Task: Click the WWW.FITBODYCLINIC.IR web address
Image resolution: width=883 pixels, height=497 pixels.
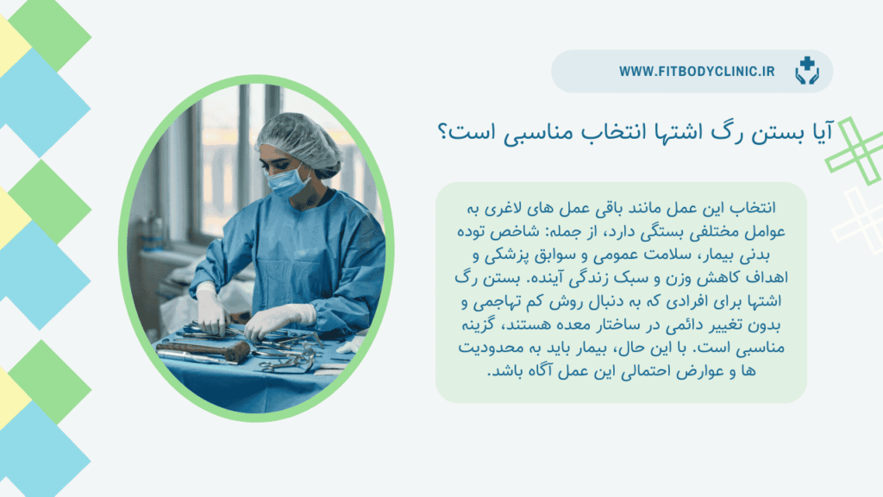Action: point(697,72)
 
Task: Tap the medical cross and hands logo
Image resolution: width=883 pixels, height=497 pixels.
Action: point(807,71)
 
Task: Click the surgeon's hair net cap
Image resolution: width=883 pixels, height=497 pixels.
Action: point(299,142)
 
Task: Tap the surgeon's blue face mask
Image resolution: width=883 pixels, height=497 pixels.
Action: point(287,180)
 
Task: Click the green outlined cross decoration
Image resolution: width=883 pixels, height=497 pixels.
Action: point(855,151)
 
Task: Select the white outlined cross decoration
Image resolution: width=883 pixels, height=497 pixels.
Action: point(860,221)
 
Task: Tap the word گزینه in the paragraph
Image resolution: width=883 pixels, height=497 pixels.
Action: point(478,325)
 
